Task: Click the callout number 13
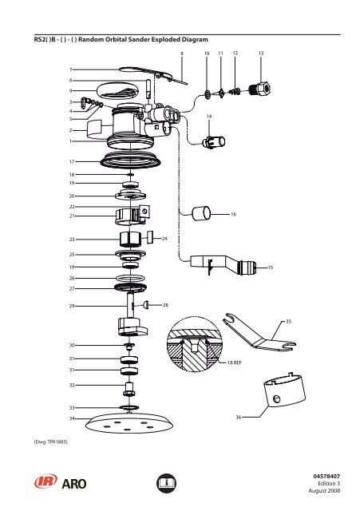pos(261,53)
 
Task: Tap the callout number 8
pos(182,53)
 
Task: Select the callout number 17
pos(72,160)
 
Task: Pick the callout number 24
pos(164,238)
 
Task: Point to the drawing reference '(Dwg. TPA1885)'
pos(49,440)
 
